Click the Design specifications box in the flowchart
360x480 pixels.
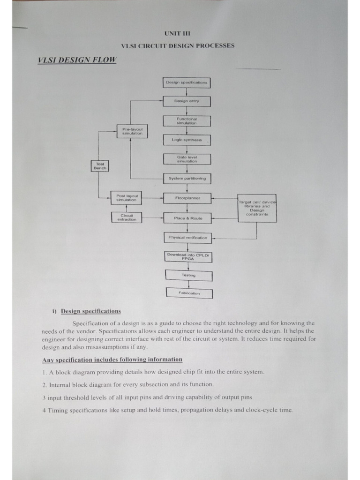pos(187,83)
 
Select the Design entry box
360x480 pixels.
pos(187,101)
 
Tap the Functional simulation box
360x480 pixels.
pos(187,121)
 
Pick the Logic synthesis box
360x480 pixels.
pos(187,140)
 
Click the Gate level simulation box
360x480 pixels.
pos(187,159)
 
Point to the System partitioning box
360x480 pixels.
pos(187,179)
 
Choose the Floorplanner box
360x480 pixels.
pos(187,198)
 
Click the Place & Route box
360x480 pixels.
pos(187,218)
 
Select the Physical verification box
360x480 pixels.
pos(187,238)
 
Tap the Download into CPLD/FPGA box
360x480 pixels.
pos(188,256)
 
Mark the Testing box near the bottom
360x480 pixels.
pos(188,275)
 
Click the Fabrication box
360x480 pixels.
pos(189,293)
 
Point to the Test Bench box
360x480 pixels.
pos(99,165)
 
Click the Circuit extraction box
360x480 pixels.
pos(126,217)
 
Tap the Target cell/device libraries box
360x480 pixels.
pos(257,208)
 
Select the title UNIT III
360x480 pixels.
pos(178,33)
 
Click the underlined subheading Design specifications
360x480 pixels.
pos(90,311)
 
